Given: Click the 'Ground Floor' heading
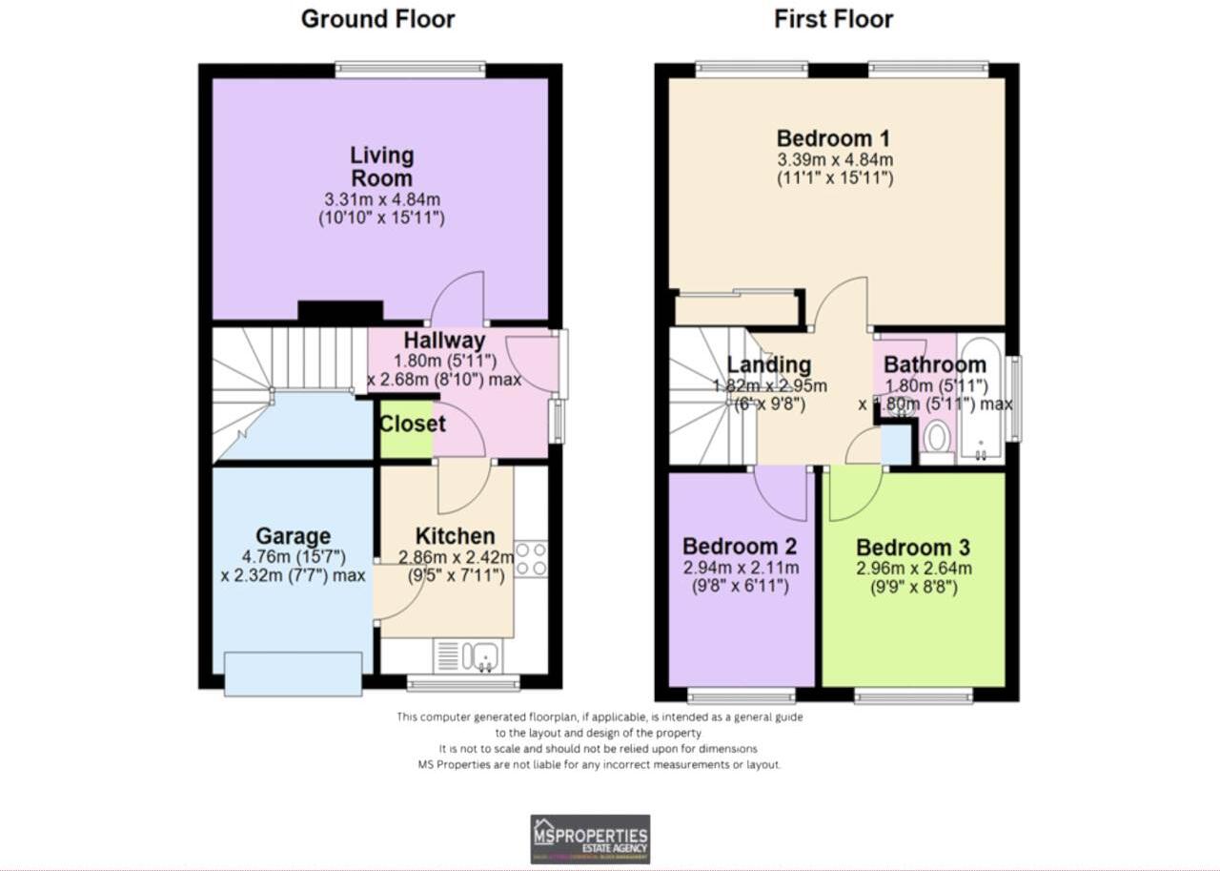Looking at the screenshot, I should click(x=377, y=19).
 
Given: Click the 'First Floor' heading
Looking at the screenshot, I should click(x=833, y=19).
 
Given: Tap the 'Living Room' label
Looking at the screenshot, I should click(x=381, y=166).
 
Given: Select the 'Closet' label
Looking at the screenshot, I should click(x=413, y=424).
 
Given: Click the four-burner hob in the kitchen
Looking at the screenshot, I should click(x=531, y=558).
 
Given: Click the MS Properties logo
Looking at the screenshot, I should click(x=590, y=839).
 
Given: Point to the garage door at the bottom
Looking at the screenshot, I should click(x=293, y=674).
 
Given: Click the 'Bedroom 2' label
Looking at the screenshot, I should click(x=740, y=547).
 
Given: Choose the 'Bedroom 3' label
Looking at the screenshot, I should click(x=912, y=548).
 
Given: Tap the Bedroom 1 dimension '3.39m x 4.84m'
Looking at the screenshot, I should click(x=834, y=159).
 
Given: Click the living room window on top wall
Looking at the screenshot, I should click(x=410, y=70).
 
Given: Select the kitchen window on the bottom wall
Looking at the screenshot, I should click(x=463, y=682).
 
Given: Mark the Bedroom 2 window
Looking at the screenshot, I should click(x=741, y=695).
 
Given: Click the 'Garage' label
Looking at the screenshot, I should click(x=293, y=536).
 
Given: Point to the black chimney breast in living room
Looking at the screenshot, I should click(x=340, y=311).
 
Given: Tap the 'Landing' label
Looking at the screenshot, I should click(x=768, y=364).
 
